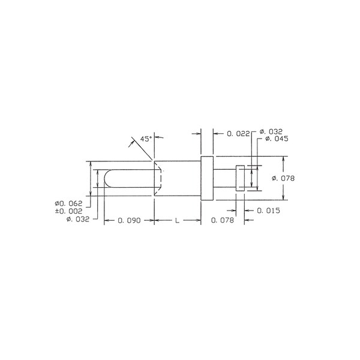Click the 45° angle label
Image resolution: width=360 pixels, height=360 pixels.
tap(146, 139)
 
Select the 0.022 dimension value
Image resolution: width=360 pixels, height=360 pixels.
tap(238, 134)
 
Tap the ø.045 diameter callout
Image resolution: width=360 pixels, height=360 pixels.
tap(277, 139)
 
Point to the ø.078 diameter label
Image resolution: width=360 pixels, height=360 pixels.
tap(283, 178)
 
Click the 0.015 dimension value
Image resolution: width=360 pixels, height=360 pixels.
tap(268, 211)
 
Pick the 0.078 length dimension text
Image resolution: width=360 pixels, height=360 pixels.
tap(222, 220)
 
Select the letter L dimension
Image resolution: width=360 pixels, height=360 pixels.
tap(177, 221)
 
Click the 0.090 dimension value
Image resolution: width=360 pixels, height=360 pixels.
tap(129, 220)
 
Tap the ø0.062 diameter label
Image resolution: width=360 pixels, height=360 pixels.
tap(68, 203)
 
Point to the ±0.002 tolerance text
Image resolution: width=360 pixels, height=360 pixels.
tap(68, 211)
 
